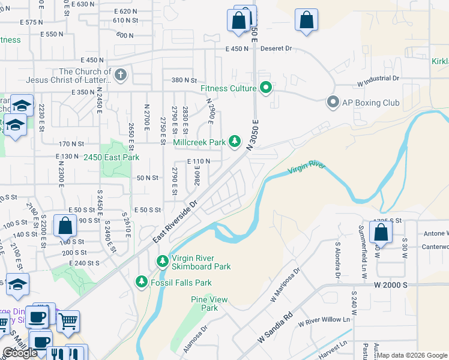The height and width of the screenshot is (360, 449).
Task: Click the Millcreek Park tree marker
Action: click(235, 142)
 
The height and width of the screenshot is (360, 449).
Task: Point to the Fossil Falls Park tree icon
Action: click(141, 281)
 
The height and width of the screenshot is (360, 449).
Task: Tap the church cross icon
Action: click(121, 75)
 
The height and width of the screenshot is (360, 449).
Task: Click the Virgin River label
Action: click(306, 167)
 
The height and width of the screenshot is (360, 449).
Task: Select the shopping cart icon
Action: click(68, 321)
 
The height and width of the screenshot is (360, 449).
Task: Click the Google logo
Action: click(20, 353)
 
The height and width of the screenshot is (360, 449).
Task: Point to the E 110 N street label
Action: click(199, 161)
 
